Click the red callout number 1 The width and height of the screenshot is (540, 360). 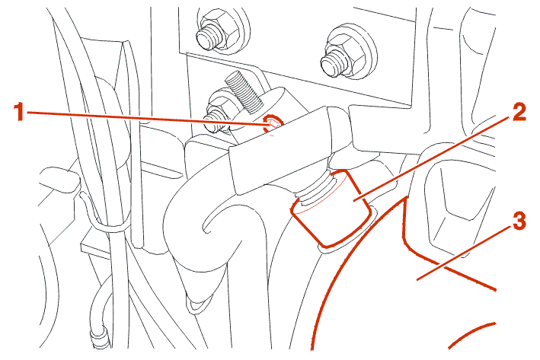coord(20,112)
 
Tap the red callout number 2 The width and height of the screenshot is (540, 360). coord(519,112)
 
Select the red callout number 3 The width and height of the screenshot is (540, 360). coord(519,221)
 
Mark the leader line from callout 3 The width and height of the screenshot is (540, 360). coord(464,252)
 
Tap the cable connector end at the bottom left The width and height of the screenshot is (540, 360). coord(101,337)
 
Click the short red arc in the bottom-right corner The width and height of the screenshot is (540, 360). coord(471,335)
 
